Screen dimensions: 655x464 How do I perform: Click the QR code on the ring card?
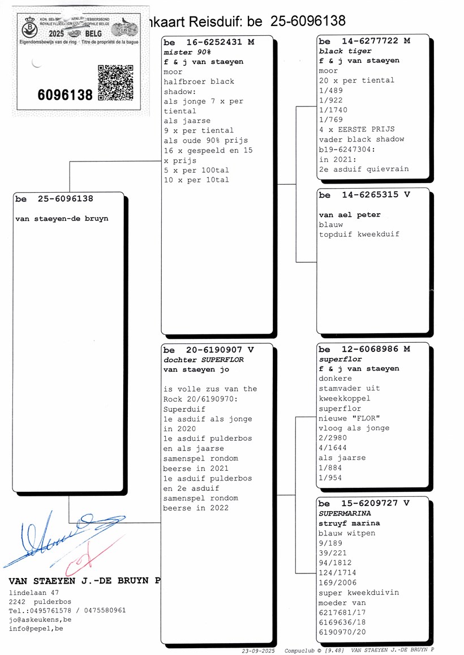[115, 82]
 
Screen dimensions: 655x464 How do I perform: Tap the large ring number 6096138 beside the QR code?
[65, 95]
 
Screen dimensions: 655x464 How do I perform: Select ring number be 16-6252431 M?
[209, 42]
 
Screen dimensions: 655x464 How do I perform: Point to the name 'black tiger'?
[345, 51]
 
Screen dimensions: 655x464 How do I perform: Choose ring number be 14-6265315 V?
[364, 195]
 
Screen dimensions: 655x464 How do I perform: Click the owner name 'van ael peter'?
[349, 215]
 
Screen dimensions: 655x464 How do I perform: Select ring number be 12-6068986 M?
[364, 350]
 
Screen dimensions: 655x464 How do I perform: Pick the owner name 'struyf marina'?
[349, 523]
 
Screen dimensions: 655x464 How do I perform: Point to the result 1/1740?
[333, 110]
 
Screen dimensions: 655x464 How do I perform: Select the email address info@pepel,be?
[36, 628]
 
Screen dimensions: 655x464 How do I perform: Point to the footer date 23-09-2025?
[258, 651]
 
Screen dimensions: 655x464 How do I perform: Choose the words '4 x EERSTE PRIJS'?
[356, 129]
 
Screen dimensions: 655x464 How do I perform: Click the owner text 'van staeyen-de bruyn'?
[62, 219]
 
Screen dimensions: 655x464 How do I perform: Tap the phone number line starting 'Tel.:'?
[67, 610]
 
